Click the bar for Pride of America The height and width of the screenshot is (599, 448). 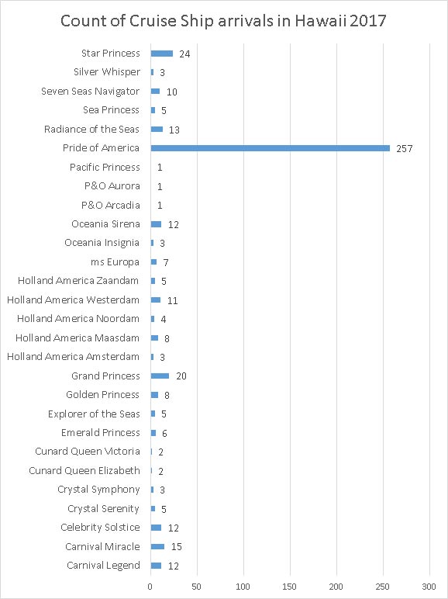pos(271,148)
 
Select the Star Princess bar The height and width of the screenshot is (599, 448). pos(162,54)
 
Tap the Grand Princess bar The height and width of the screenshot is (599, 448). pos(160,376)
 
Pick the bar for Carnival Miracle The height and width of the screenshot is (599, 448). pos(157,547)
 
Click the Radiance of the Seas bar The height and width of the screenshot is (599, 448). pos(157,129)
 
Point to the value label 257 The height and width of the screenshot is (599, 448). pos(404,149)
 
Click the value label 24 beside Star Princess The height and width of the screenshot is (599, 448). pos(184,54)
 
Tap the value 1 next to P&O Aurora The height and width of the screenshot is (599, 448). pos(160,186)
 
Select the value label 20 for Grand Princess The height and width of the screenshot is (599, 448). pos(181,376)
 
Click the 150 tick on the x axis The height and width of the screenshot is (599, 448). pos(290,587)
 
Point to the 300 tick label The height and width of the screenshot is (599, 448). pos(429,587)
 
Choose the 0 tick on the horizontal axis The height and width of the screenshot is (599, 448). pos(150,587)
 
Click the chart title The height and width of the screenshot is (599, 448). pos(223,20)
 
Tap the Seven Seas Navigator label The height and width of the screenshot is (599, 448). pos(91,92)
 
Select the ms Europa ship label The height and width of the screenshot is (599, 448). pos(115,262)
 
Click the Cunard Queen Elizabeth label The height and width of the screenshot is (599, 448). pos(84,470)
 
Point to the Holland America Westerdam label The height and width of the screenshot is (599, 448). pos(74,299)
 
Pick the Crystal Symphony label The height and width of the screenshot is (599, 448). pos(99,490)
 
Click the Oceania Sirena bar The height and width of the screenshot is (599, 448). pos(156,224)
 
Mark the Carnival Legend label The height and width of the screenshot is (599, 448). pos(103,566)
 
